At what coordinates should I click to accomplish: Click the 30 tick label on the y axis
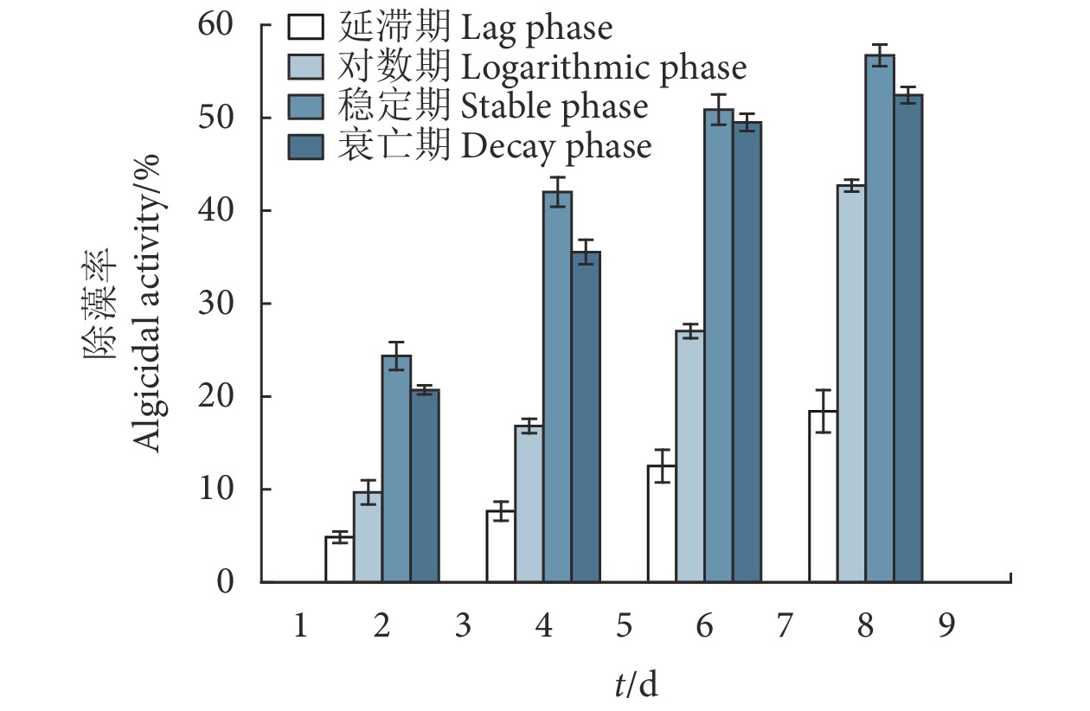click(x=223, y=304)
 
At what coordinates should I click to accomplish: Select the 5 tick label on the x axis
click(x=625, y=625)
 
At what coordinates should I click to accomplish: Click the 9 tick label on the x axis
click(x=946, y=625)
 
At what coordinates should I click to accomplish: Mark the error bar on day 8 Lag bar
click(x=823, y=411)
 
